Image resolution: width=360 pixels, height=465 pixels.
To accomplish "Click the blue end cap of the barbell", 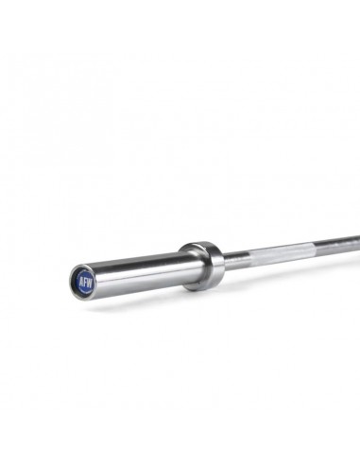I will pos(83,280).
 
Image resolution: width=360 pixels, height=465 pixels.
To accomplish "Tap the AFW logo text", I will pos(83,280).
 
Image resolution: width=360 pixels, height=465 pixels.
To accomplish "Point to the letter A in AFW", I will pos(78,281).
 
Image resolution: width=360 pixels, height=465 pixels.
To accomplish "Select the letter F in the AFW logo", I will pos(83,280).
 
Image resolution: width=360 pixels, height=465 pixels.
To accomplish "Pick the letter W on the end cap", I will pos(88,279).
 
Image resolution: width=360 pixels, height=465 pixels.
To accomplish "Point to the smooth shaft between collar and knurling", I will pos(236,257).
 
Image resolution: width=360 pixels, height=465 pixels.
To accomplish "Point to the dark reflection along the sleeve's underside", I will pos(142,283).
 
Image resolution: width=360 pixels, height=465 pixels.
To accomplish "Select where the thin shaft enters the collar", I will pos(223,259).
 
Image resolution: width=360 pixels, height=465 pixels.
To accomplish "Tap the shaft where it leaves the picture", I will pos(357,238).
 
